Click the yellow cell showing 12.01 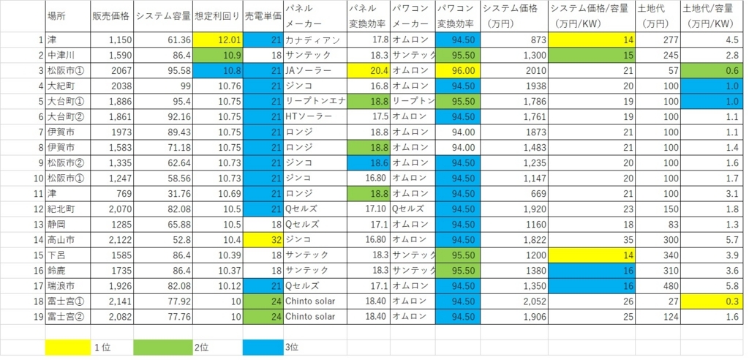[218, 40]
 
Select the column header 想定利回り [218, 16]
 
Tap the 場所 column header [56, 16]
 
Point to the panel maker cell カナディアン [315, 40]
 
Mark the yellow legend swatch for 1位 [67, 347]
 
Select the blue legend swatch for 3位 [263, 347]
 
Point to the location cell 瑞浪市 [67, 286]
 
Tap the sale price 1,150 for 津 [111, 40]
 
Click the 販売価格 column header [111, 16]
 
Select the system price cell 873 [513, 40]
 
